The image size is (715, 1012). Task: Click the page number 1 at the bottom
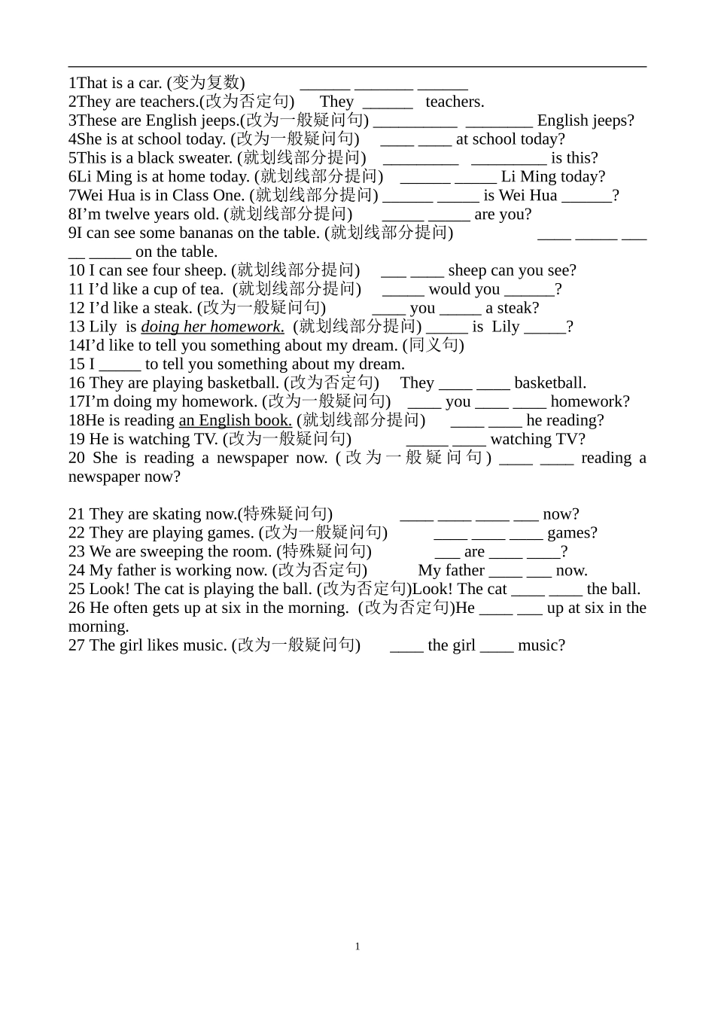357,946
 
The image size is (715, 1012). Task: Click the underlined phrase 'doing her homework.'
212,327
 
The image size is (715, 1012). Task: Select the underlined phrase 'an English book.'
235,421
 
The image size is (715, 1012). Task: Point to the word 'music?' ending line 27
541,645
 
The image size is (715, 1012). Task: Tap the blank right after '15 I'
120,364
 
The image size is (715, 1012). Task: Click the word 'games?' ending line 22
572,533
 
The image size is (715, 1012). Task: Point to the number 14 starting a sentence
77,346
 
